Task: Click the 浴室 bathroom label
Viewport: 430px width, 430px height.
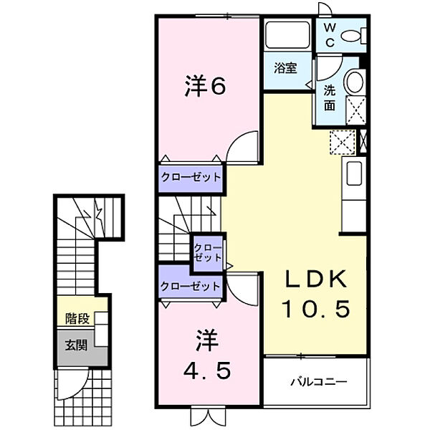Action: (286, 68)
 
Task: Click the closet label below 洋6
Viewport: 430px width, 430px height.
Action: (190, 176)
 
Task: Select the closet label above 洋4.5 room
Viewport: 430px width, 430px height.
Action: (190, 285)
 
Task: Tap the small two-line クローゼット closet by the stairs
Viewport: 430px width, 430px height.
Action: (209, 252)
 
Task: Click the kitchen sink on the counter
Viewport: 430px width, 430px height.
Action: (353, 173)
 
